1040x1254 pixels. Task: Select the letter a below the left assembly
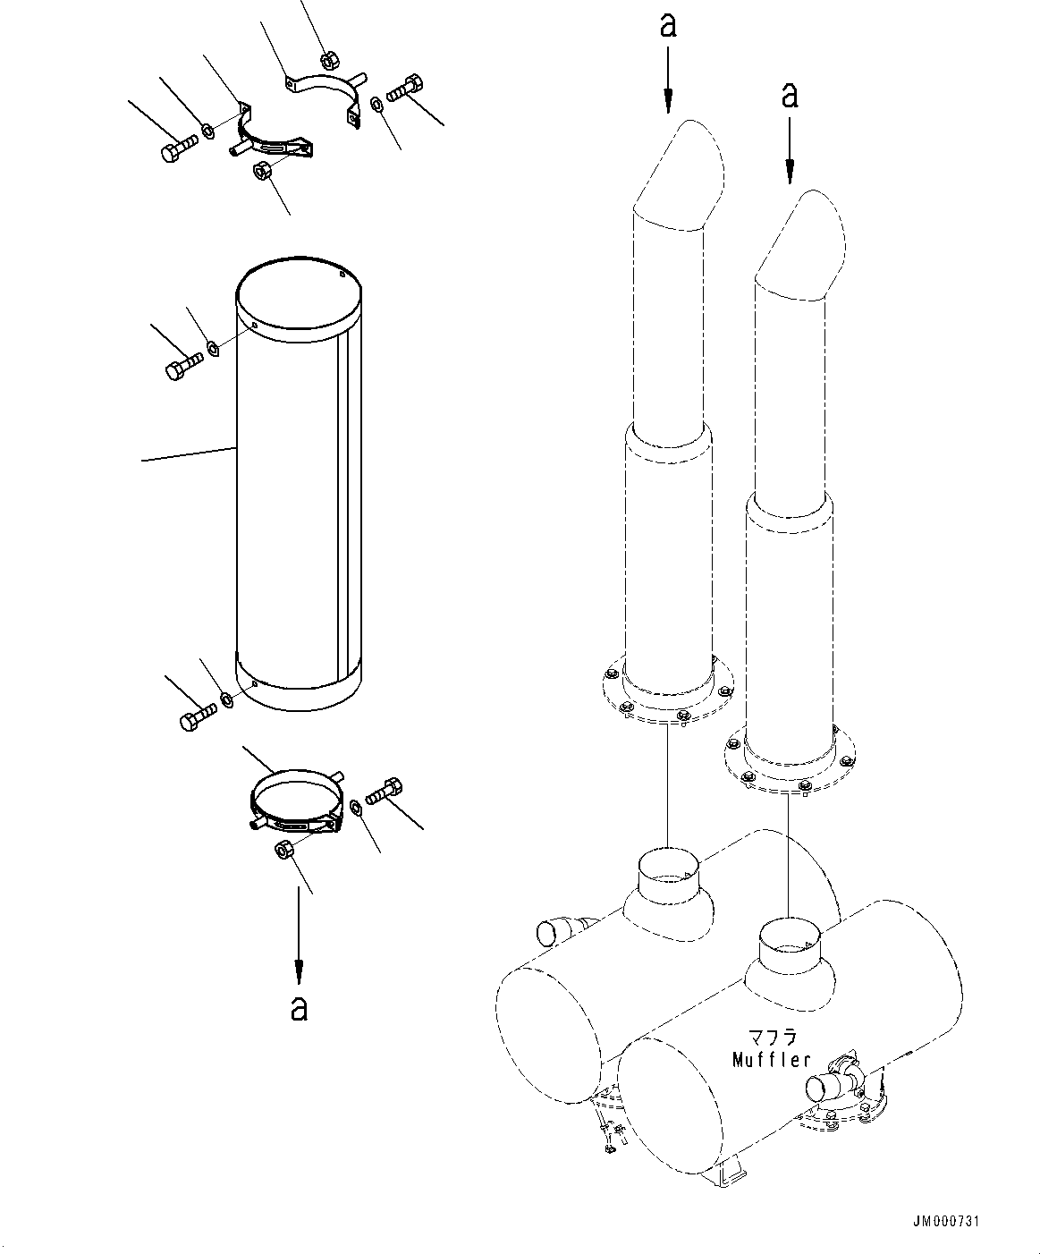(x=299, y=1008)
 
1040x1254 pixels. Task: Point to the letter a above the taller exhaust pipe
(x=668, y=25)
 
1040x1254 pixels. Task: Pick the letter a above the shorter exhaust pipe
(x=790, y=95)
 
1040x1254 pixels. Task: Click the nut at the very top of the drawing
(x=328, y=59)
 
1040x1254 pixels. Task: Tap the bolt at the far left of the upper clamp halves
(x=180, y=148)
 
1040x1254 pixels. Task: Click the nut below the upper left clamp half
(x=261, y=170)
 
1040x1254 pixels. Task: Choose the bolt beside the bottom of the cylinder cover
(x=199, y=716)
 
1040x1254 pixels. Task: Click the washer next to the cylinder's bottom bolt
(x=227, y=699)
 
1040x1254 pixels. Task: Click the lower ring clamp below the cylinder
(x=296, y=801)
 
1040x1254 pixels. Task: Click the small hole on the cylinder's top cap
(x=342, y=275)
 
